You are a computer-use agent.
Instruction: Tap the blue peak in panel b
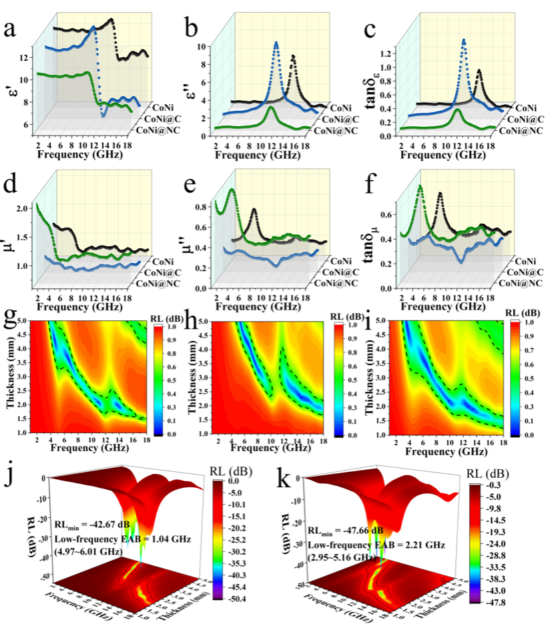276,43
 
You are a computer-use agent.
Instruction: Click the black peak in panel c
479,71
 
